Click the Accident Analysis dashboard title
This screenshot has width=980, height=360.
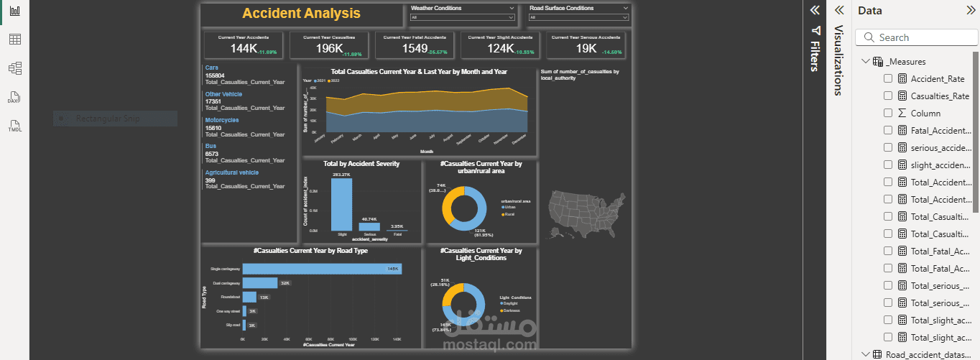coord(301,14)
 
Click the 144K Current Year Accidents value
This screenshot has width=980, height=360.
coord(244,48)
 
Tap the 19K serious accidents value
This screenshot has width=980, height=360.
coord(586,48)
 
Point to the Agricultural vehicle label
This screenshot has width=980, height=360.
coord(231,172)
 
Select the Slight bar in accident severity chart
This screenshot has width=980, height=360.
coord(341,204)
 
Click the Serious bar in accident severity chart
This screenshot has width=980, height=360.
coord(369,226)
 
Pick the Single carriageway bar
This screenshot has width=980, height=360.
coord(322,269)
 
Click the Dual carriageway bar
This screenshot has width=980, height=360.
coord(259,283)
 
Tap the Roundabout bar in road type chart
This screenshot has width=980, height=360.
coord(249,297)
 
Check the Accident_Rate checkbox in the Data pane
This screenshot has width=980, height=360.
coord(888,79)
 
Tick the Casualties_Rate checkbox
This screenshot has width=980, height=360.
coord(888,96)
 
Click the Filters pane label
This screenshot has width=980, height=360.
coord(815,50)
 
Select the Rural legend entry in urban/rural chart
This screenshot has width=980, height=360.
coord(509,214)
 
